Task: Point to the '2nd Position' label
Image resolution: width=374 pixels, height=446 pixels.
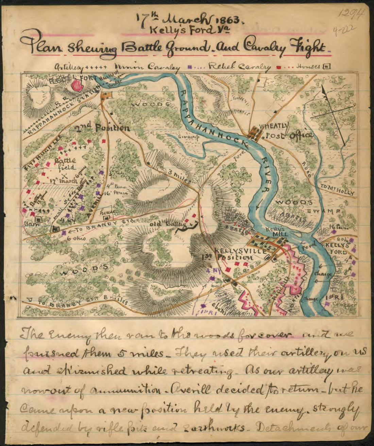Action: pos(102,128)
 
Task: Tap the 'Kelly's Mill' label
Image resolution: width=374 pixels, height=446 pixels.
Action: pos(275,231)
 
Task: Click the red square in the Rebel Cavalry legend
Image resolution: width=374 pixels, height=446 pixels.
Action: pos(278,67)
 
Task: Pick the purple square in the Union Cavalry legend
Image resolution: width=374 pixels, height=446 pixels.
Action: pos(189,67)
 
